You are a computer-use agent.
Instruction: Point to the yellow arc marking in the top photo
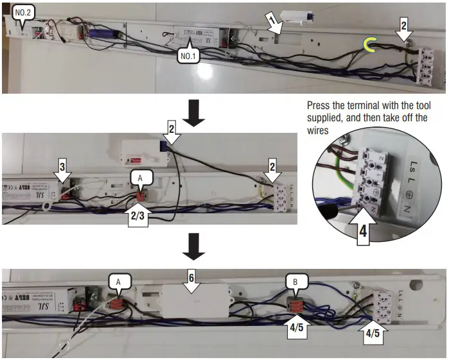369,44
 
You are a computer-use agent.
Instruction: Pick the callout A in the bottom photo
119,282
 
